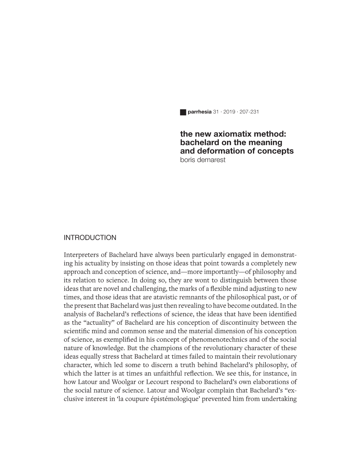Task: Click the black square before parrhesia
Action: (183, 112)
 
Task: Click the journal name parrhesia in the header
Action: (199, 112)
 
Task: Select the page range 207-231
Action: (249, 112)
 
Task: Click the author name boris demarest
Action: (203, 160)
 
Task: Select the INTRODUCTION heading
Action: (90, 238)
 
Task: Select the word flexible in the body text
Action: (227, 289)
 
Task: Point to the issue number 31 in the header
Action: (216, 112)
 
